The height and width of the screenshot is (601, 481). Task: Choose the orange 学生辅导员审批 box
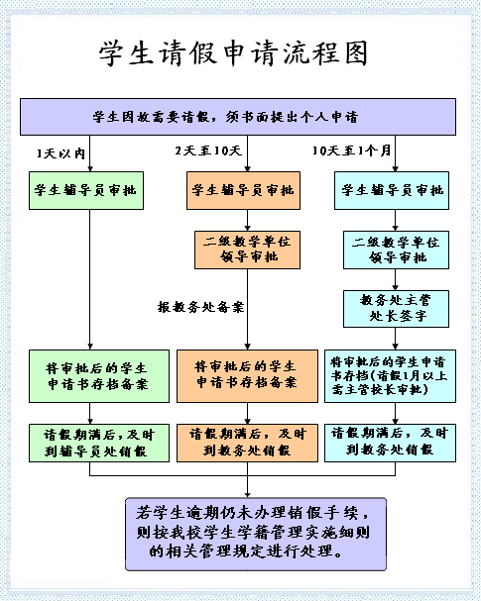point(243,189)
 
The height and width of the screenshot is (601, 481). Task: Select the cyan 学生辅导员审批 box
point(396,189)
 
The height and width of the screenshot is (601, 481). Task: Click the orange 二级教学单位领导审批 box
point(243,250)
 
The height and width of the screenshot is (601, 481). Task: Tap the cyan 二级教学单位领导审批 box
point(396,250)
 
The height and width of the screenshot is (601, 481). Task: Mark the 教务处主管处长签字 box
point(396,307)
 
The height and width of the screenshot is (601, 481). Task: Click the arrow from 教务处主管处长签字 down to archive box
point(396,337)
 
